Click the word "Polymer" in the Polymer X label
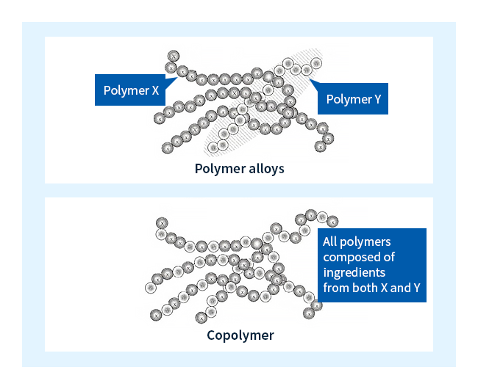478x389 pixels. coord(126,91)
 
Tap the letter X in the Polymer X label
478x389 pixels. coord(154,91)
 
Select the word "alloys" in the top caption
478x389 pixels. coord(263,168)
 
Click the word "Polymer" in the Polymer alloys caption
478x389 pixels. coord(217,168)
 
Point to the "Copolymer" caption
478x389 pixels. coord(240,335)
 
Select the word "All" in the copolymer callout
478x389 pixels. coord(332,241)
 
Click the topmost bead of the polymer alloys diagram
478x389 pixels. coord(174,56)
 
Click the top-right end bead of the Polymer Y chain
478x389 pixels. coord(307,70)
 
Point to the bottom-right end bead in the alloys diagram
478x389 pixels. coord(320,146)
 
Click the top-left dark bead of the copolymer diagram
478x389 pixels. coord(161,222)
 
